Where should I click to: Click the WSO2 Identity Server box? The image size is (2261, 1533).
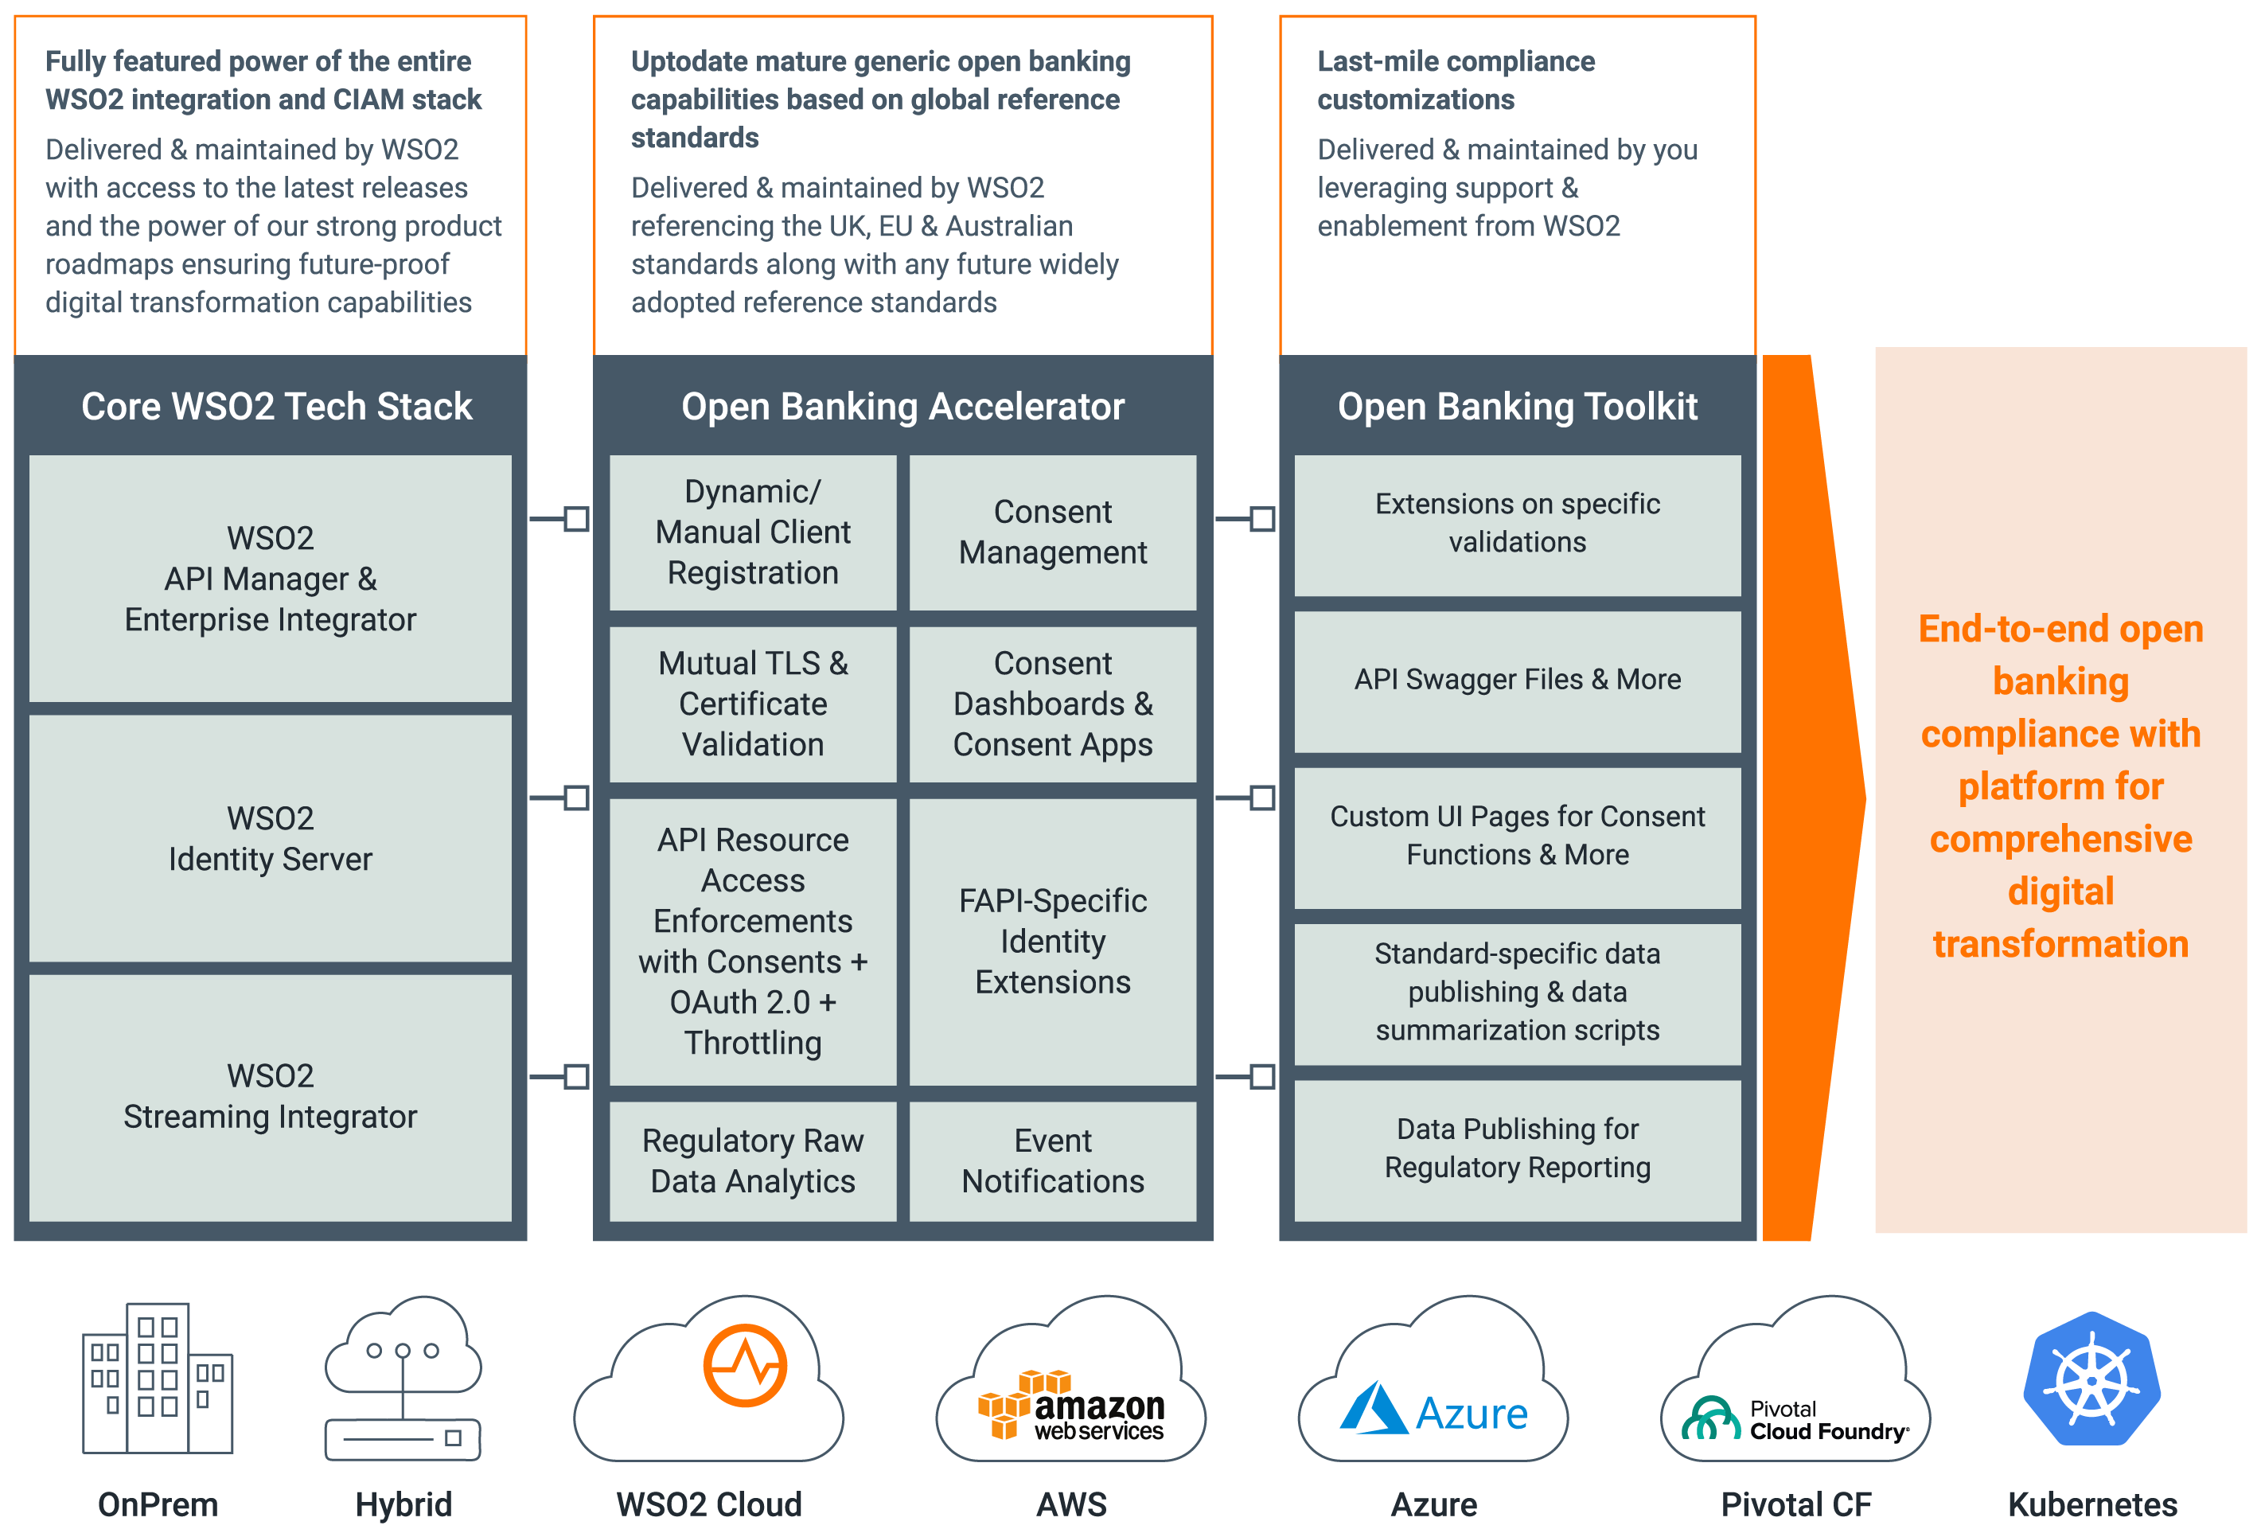[270, 838]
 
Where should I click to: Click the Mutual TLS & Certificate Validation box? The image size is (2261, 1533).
[752, 704]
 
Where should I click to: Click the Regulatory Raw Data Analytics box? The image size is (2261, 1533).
[752, 1160]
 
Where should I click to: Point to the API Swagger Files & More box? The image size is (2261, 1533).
[1517, 680]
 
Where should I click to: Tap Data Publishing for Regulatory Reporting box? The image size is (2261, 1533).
[1517, 1148]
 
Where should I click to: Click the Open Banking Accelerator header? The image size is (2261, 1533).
[902, 407]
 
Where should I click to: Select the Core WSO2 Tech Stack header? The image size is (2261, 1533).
[276, 407]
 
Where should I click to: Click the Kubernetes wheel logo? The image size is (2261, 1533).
[2091, 1379]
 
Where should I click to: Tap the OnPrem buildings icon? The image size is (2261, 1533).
[158, 1379]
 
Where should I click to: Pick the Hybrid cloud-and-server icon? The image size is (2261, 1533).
[403, 1379]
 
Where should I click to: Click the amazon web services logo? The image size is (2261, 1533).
[1071, 1406]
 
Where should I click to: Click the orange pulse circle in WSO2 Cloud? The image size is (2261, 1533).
[744, 1365]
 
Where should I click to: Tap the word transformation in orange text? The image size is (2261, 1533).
[2060, 943]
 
